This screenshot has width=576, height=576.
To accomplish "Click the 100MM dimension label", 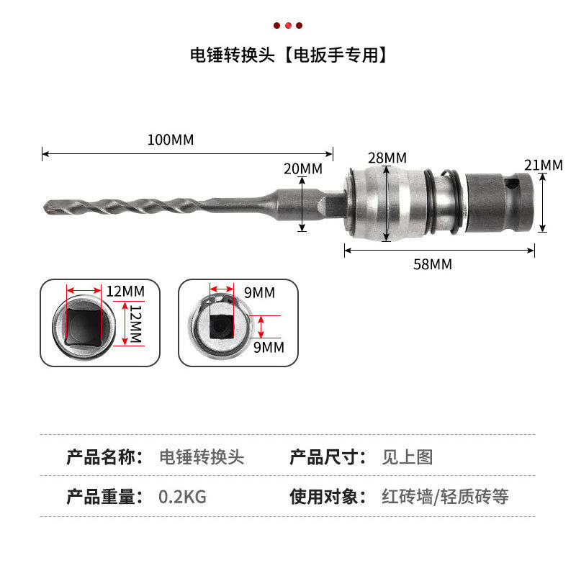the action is [x=171, y=140].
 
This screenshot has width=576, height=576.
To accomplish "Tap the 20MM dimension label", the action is [x=303, y=168].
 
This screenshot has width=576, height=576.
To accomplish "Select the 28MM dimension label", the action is [x=387, y=158].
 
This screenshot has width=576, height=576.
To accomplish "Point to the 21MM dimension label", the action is [x=544, y=166].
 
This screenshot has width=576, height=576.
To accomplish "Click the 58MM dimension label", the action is [x=433, y=264].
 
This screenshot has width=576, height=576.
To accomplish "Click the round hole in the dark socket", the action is [x=512, y=184].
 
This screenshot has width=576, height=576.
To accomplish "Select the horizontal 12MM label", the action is [x=125, y=292].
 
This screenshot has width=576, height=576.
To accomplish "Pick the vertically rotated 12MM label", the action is [x=136, y=323].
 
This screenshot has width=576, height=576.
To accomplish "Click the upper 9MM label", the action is [x=259, y=293].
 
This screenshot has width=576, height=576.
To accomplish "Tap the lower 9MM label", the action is [x=269, y=347].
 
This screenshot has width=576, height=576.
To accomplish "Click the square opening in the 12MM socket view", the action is [x=84, y=327].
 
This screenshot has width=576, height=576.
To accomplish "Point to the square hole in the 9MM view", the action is [x=222, y=326].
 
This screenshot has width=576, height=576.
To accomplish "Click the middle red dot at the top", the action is [x=288, y=25].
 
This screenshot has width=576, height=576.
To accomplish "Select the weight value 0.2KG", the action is [x=182, y=497].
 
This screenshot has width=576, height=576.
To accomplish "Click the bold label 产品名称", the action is [x=100, y=457].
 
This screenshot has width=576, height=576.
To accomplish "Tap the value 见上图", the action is [x=408, y=457].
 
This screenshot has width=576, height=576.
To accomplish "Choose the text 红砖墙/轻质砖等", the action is [x=445, y=497].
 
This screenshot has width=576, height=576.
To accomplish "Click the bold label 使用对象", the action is [x=323, y=497].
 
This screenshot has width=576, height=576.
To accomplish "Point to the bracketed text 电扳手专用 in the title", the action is [x=336, y=55].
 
